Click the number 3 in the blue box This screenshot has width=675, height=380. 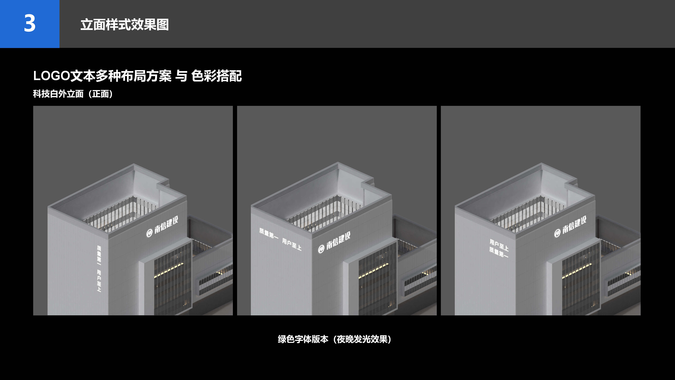coord(30,24)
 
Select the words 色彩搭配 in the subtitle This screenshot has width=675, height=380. coord(216,76)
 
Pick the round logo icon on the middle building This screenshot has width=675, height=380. coord(321,249)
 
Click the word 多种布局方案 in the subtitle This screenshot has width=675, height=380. coord(134,76)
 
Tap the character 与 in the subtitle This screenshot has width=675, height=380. coord(181,76)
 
